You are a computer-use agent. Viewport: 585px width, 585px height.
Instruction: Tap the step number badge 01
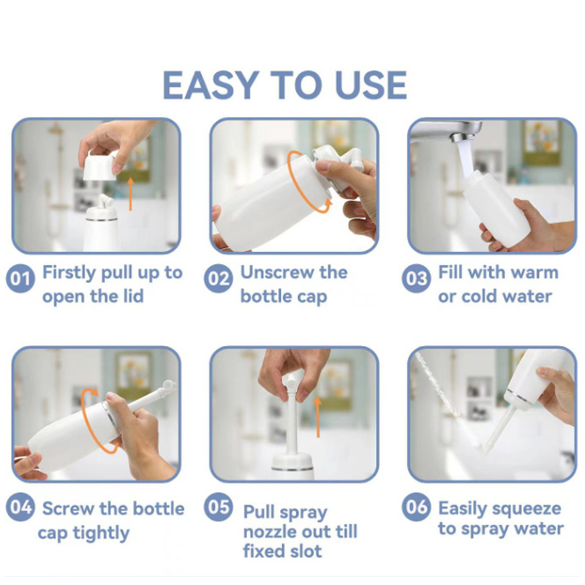(20, 279)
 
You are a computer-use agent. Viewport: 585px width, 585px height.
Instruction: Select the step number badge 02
(218, 279)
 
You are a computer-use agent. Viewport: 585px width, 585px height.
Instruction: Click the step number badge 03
(416, 279)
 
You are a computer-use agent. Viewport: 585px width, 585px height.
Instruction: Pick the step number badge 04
(20, 507)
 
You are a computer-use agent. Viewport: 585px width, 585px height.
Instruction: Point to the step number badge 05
(218, 507)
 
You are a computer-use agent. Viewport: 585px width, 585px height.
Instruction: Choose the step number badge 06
(416, 507)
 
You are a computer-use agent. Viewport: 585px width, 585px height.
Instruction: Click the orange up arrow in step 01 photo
(130, 194)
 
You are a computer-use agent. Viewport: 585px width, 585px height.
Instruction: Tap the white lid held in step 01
(99, 165)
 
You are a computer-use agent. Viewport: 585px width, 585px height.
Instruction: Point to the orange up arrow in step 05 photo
(318, 417)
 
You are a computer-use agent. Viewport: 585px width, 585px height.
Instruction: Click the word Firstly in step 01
(69, 273)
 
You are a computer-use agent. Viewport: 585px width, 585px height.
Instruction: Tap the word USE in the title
(371, 86)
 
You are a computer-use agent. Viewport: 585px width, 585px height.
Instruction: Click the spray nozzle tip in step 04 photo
(169, 385)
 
